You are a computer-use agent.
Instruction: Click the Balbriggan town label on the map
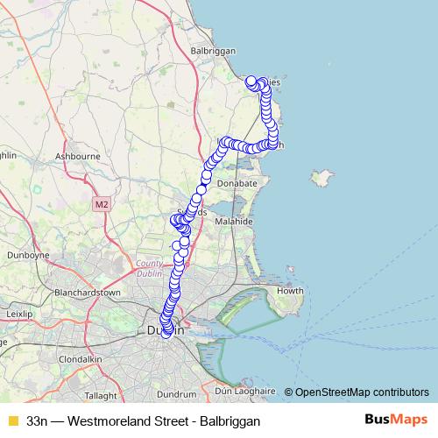click(213, 51)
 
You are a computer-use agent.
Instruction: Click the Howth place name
click(290, 291)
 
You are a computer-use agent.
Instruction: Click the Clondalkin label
click(80, 359)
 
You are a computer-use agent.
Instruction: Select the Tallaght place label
click(101, 395)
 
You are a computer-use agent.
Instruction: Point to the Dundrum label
click(178, 394)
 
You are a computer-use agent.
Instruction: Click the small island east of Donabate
click(321, 180)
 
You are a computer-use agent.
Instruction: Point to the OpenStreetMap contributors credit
click(361, 392)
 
